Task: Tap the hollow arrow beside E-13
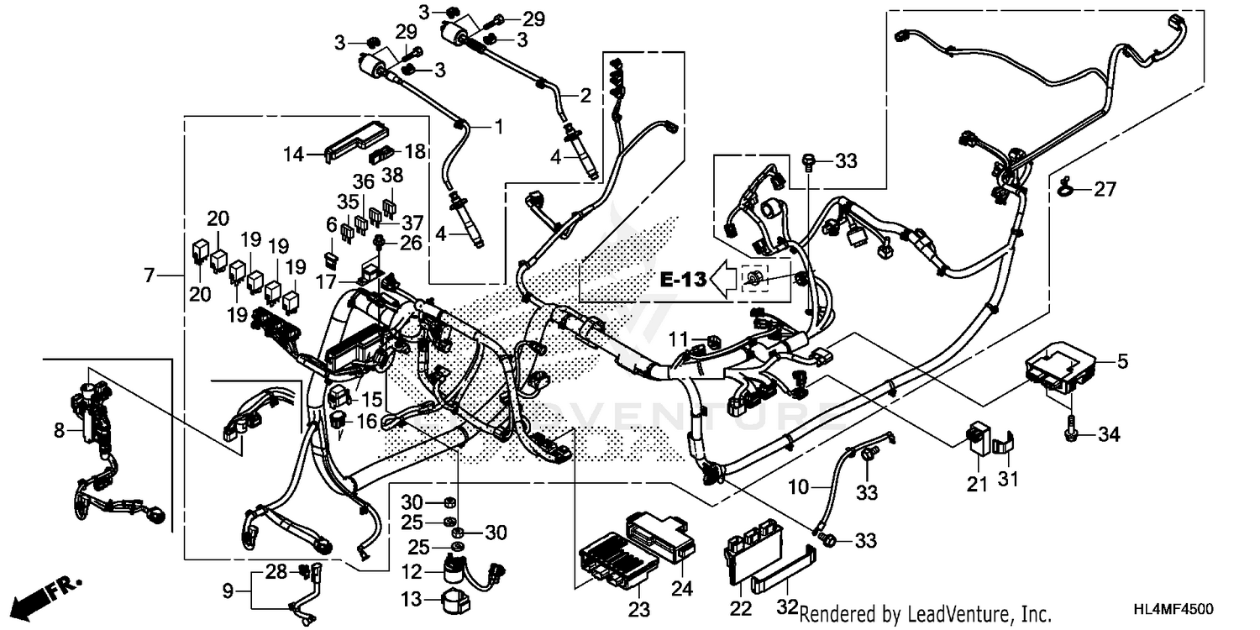coord(722,280)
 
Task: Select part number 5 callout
coord(1122,363)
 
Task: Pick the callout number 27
coord(1105,191)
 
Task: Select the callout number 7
coord(149,275)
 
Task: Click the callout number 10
coord(797,486)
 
